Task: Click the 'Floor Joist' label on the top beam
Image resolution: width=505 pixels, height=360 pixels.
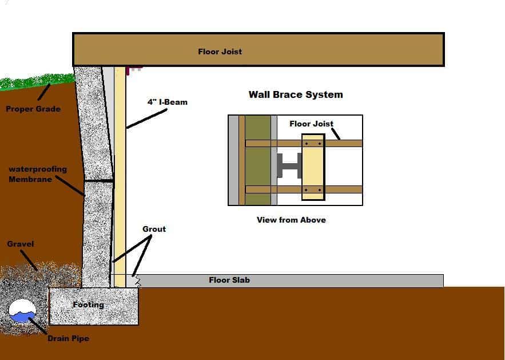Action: pos(220,52)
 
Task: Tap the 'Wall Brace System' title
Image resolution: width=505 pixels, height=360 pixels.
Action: pos(296,94)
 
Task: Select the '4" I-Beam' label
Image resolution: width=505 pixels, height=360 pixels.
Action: pos(167,102)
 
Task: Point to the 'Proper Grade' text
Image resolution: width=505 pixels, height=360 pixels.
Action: pos(33,109)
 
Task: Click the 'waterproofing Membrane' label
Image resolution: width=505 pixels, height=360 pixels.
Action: pos(37,174)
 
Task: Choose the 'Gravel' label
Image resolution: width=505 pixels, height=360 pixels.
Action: pos(21,244)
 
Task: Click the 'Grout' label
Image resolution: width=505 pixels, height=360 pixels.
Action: pos(154,229)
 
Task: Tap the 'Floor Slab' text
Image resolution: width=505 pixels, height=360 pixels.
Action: pos(229,280)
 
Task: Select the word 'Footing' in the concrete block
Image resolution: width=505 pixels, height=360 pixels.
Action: pos(88,304)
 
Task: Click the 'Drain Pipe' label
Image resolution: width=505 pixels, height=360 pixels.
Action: pos(68,338)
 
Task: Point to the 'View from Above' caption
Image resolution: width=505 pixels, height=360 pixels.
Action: pos(291,220)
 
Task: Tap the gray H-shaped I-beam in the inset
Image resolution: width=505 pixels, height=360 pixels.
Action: pos(290,166)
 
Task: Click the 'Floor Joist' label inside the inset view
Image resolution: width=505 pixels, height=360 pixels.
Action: pos(311,124)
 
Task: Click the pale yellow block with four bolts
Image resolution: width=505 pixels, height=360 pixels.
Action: pos(313,167)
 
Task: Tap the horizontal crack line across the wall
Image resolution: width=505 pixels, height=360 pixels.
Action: pos(98,181)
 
